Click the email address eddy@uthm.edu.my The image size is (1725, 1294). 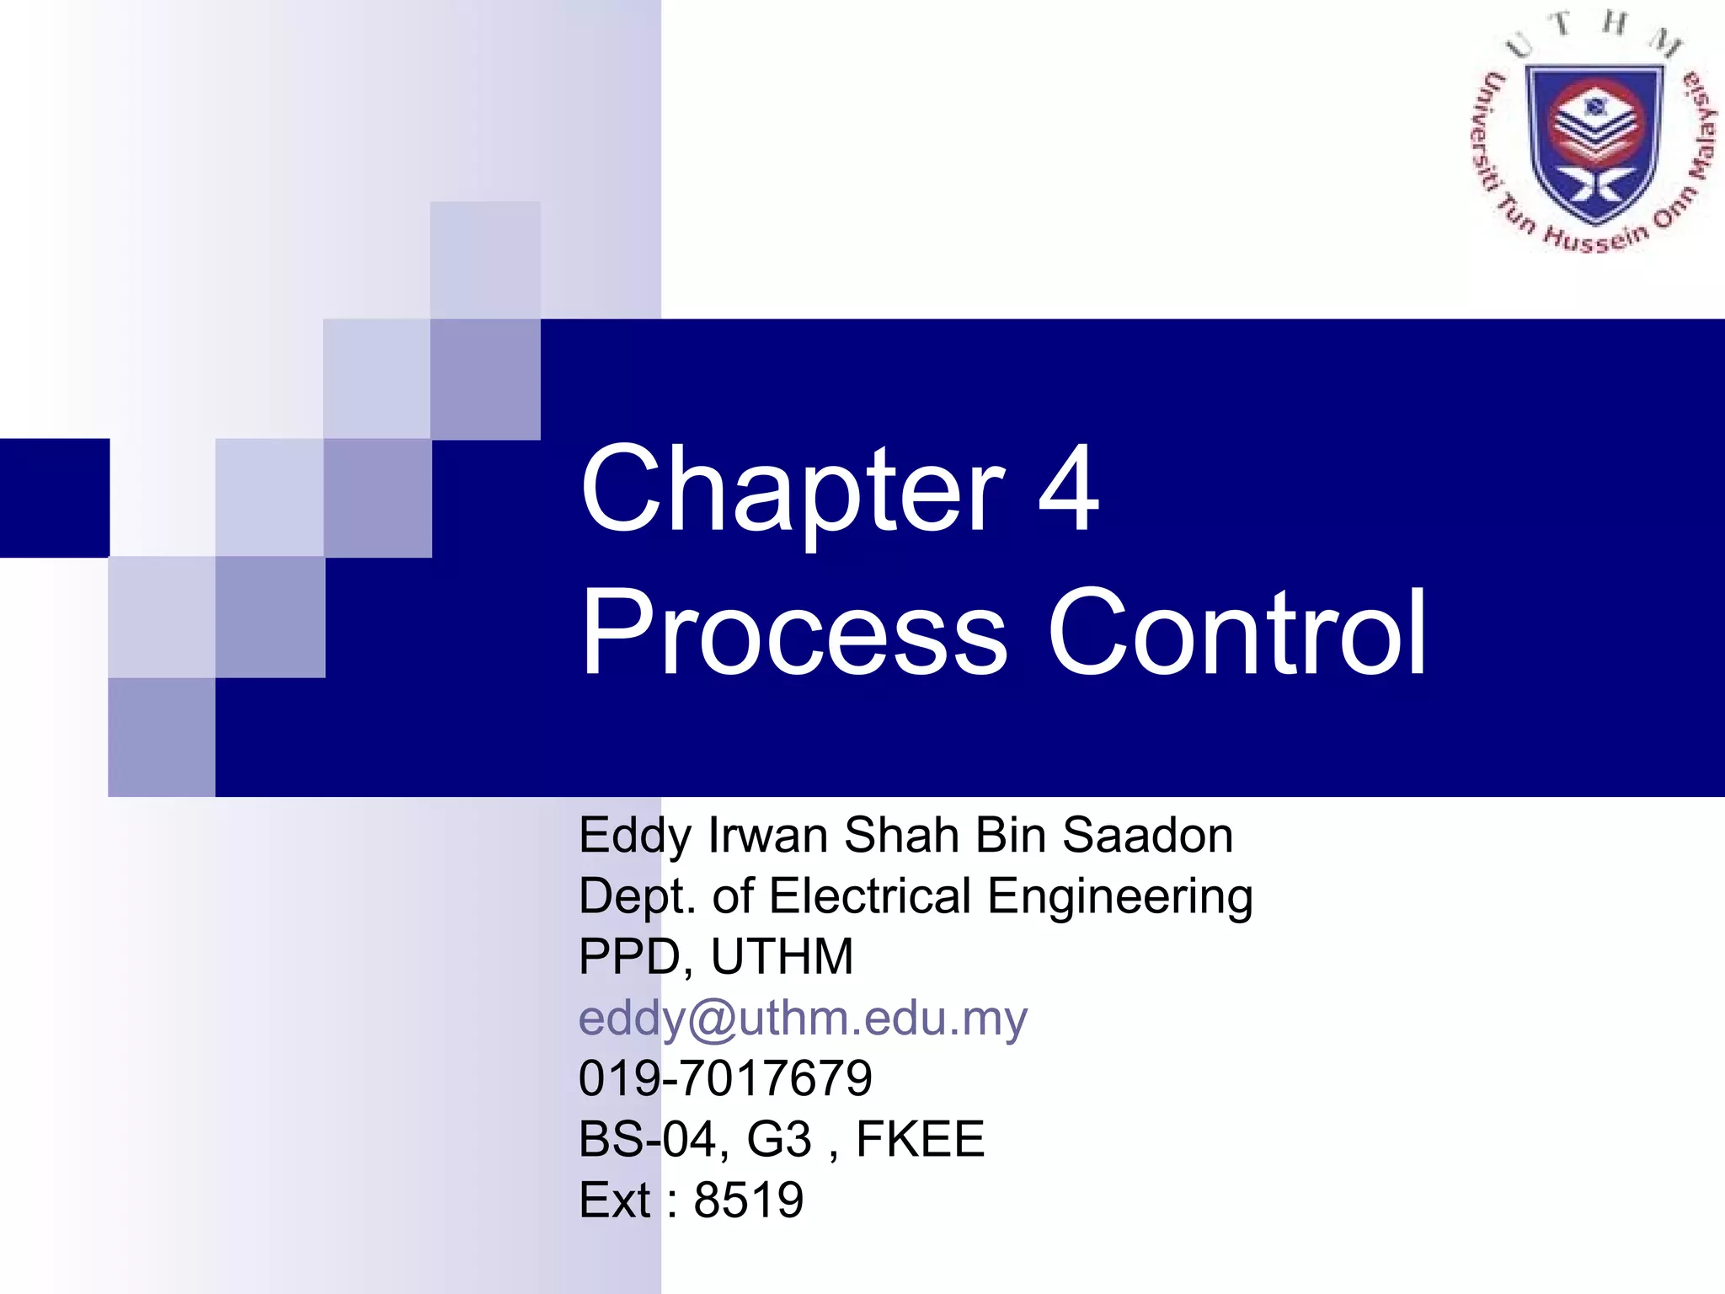pos(803,1018)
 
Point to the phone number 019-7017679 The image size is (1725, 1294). pos(725,1078)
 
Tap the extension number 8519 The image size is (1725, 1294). pos(749,1200)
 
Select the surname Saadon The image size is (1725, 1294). pos(1147,836)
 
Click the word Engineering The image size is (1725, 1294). pos(1120,896)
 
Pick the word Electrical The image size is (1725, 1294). pos(870,896)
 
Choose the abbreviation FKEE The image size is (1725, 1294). pos(920,1139)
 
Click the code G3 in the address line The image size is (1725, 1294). pos(779,1139)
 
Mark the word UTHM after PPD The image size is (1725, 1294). pos(782,957)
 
